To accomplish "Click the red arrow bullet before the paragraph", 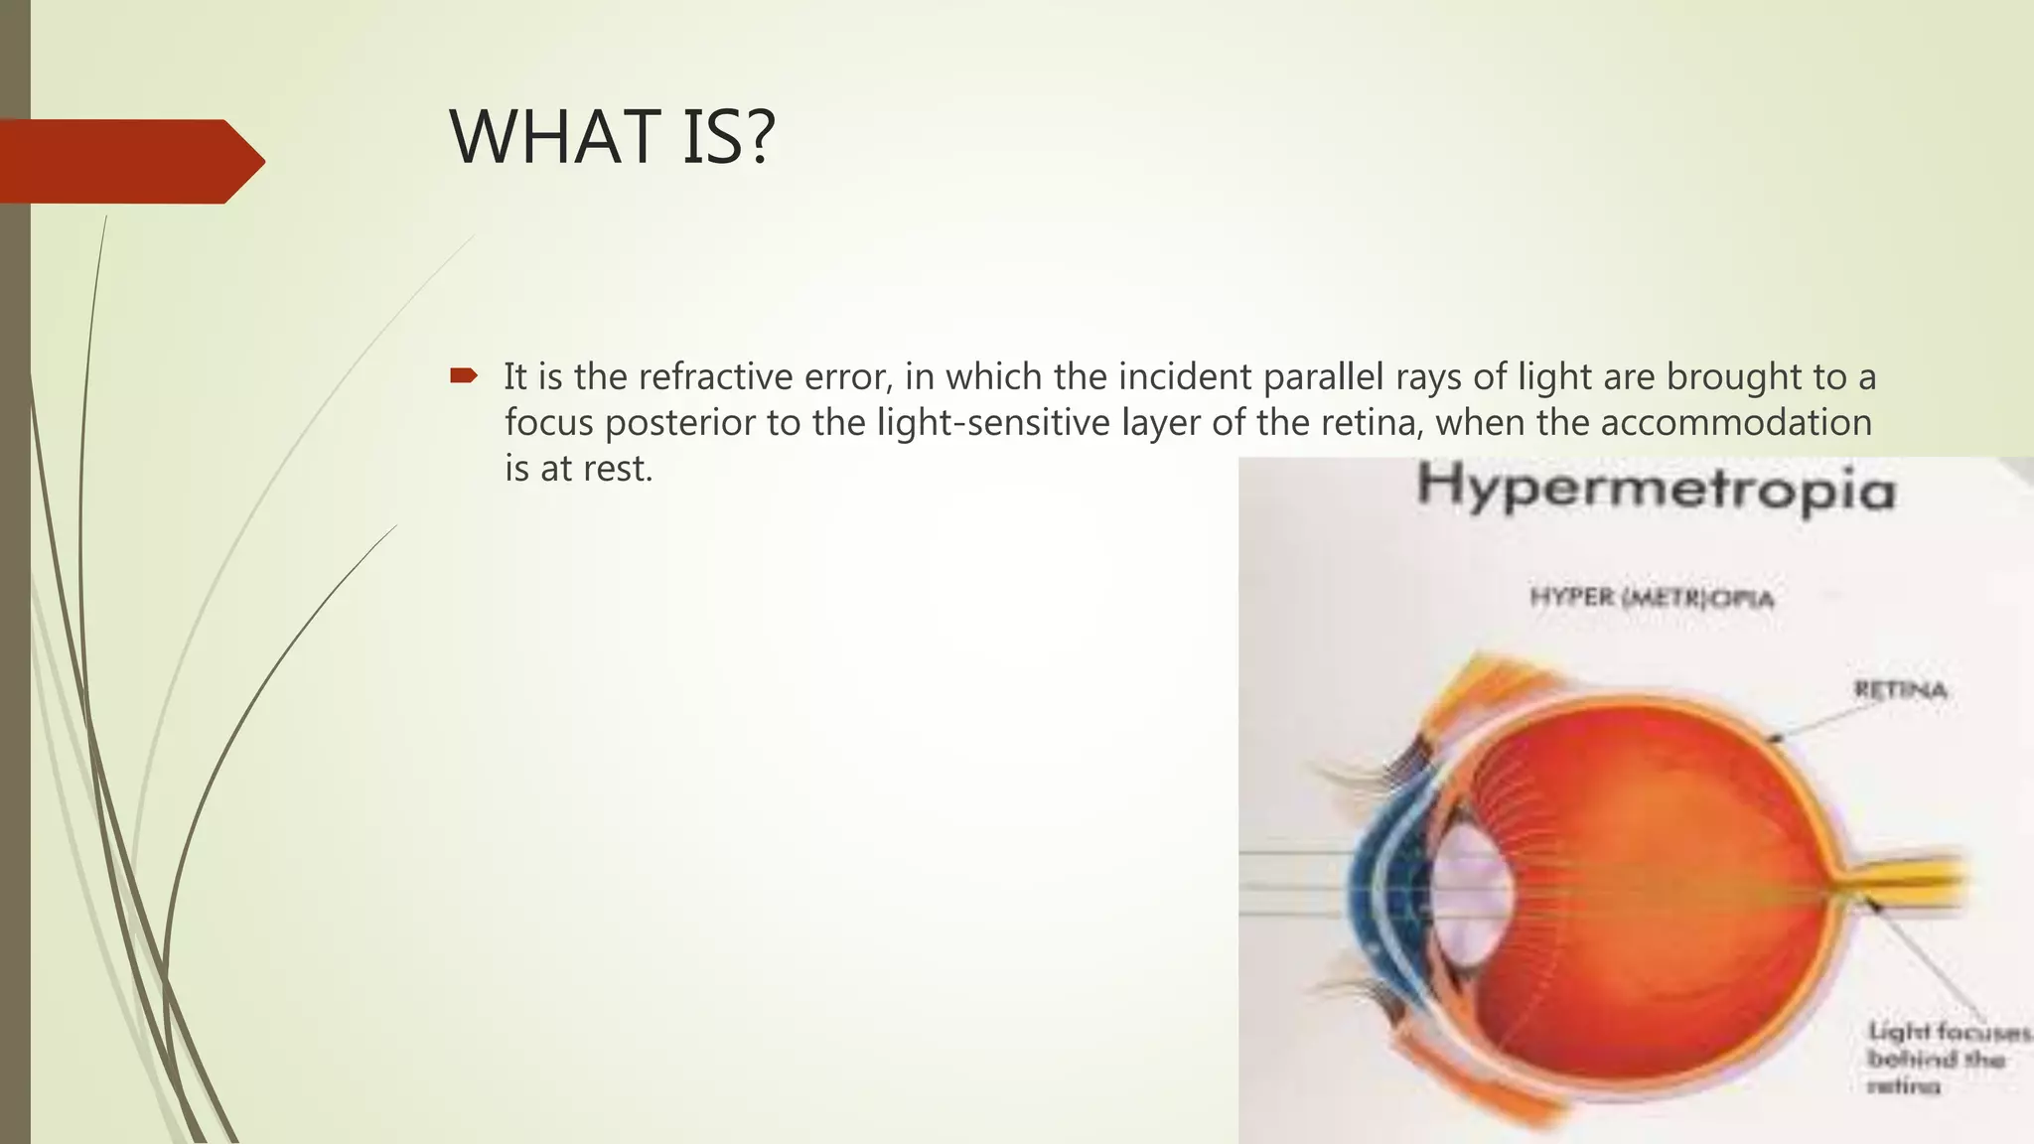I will pos(463,375).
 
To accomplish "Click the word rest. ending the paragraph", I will pos(618,469).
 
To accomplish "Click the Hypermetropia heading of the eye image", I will pos(1655,490).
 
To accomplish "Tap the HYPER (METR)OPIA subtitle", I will pos(1651,598).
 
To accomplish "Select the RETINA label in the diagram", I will pos(1899,690).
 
